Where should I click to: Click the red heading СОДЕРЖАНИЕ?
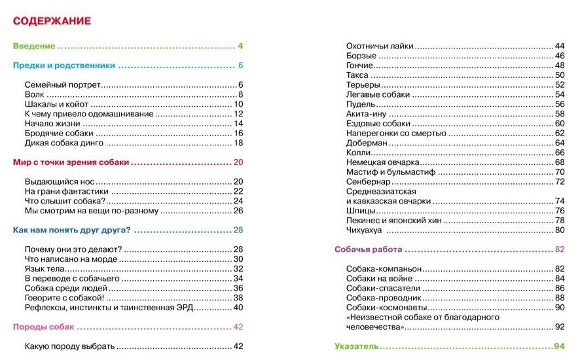[x=52, y=21]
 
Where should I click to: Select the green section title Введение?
[x=34, y=46]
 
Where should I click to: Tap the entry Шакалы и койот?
[x=56, y=104]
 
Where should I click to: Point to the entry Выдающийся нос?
[x=58, y=181]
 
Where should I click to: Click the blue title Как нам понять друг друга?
[x=72, y=230]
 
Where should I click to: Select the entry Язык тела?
[x=45, y=269]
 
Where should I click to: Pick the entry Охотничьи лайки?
[x=380, y=46]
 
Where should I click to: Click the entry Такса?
[x=357, y=75]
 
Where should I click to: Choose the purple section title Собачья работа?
[x=368, y=249]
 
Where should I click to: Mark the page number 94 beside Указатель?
[x=558, y=346]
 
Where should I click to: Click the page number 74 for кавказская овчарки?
[x=559, y=201]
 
